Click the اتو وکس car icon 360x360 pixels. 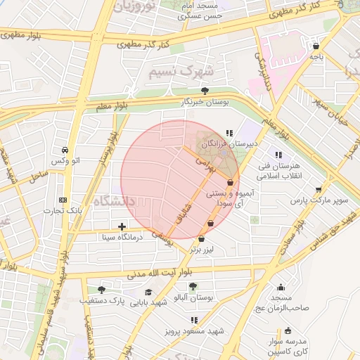(65, 150)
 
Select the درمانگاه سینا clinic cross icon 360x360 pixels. (123, 226)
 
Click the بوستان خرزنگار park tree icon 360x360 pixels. (205, 91)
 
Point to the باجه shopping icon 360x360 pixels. (314, 47)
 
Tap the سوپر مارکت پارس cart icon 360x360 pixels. (319, 189)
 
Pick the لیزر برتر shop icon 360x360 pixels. (202, 238)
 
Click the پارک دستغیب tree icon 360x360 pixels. (101, 289)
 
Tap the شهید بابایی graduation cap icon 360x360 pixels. (148, 292)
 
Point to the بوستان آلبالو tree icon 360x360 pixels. (193, 286)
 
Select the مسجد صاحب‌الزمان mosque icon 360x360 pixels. (281, 287)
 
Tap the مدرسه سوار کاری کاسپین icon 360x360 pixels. (288, 330)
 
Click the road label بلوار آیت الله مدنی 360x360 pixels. (170, 272)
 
